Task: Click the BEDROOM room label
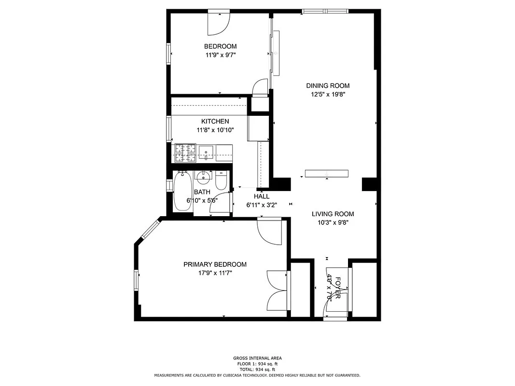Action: click(x=220, y=46)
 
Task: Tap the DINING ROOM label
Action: click(x=328, y=86)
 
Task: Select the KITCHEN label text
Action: click(x=215, y=122)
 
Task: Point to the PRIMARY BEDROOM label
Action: click(x=215, y=264)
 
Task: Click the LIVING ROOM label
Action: click(x=333, y=214)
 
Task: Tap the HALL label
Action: click(x=262, y=196)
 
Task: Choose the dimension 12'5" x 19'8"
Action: click(x=328, y=95)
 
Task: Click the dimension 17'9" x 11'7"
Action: click(x=215, y=273)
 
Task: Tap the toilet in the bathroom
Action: click(x=222, y=181)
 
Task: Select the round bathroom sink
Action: click(x=204, y=177)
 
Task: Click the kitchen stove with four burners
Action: click(x=184, y=153)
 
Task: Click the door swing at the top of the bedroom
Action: click(x=218, y=24)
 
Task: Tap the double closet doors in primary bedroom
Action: click(x=278, y=290)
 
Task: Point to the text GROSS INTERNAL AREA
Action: click(x=257, y=358)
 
